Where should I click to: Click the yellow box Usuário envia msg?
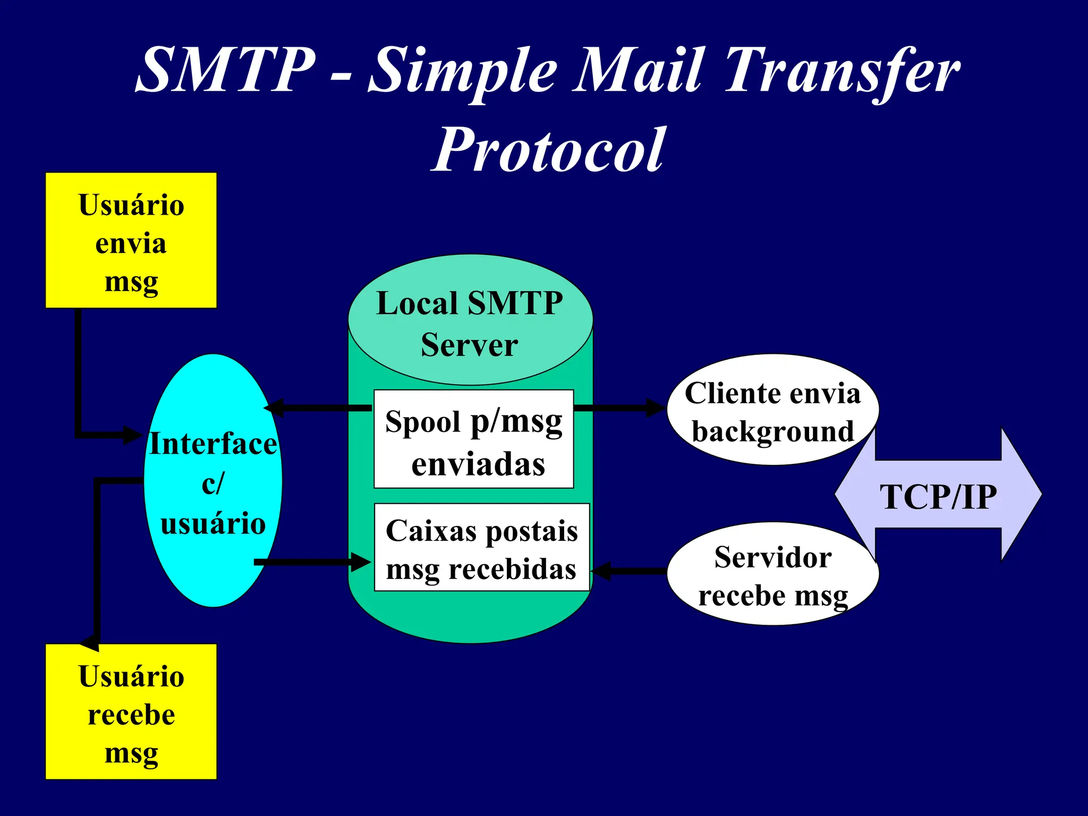pos(131,241)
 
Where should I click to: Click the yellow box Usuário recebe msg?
pos(131,712)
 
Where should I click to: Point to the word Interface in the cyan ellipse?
pos(213,444)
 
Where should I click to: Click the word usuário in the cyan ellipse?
pos(213,524)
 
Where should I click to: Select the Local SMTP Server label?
pos(470,324)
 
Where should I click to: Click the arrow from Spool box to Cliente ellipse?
pos(619,408)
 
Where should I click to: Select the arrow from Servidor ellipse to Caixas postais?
pos(630,572)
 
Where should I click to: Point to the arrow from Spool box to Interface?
pos(319,408)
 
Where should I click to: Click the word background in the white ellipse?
pos(772,431)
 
